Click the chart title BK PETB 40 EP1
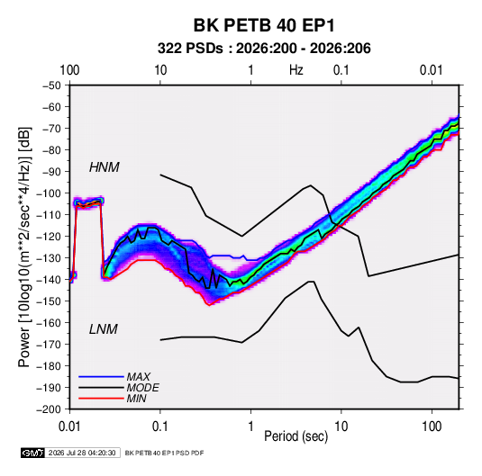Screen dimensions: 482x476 pyautogui.click(x=264, y=25)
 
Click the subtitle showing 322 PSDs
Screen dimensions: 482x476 pyautogui.click(x=264, y=49)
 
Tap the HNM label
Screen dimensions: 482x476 pyautogui.click(x=105, y=167)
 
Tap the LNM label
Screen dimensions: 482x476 pyautogui.click(x=104, y=329)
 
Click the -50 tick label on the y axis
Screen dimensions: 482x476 pyautogui.click(x=51, y=85)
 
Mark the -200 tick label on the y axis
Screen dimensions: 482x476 pyautogui.click(x=49, y=409)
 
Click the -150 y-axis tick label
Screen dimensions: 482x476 pyautogui.click(x=49, y=301)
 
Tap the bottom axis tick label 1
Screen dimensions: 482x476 pyautogui.click(x=250, y=427)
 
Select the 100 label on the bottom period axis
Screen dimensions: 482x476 pyautogui.click(x=432, y=427)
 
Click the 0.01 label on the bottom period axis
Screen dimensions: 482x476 pyautogui.click(x=69, y=427)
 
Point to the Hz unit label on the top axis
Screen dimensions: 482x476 pyautogui.click(x=296, y=70)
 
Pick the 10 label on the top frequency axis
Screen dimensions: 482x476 pyautogui.click(x=160, y=70)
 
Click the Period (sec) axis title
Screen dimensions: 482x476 pyautogui.click(x=296, y=436)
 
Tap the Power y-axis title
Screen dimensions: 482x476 pyautogui.click(x=25, y=247)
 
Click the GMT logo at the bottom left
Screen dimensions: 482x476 pyautogui.click(x=32, y=453)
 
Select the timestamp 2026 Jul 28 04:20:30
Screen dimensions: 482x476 pyautogui.click(x=82, y=453)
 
